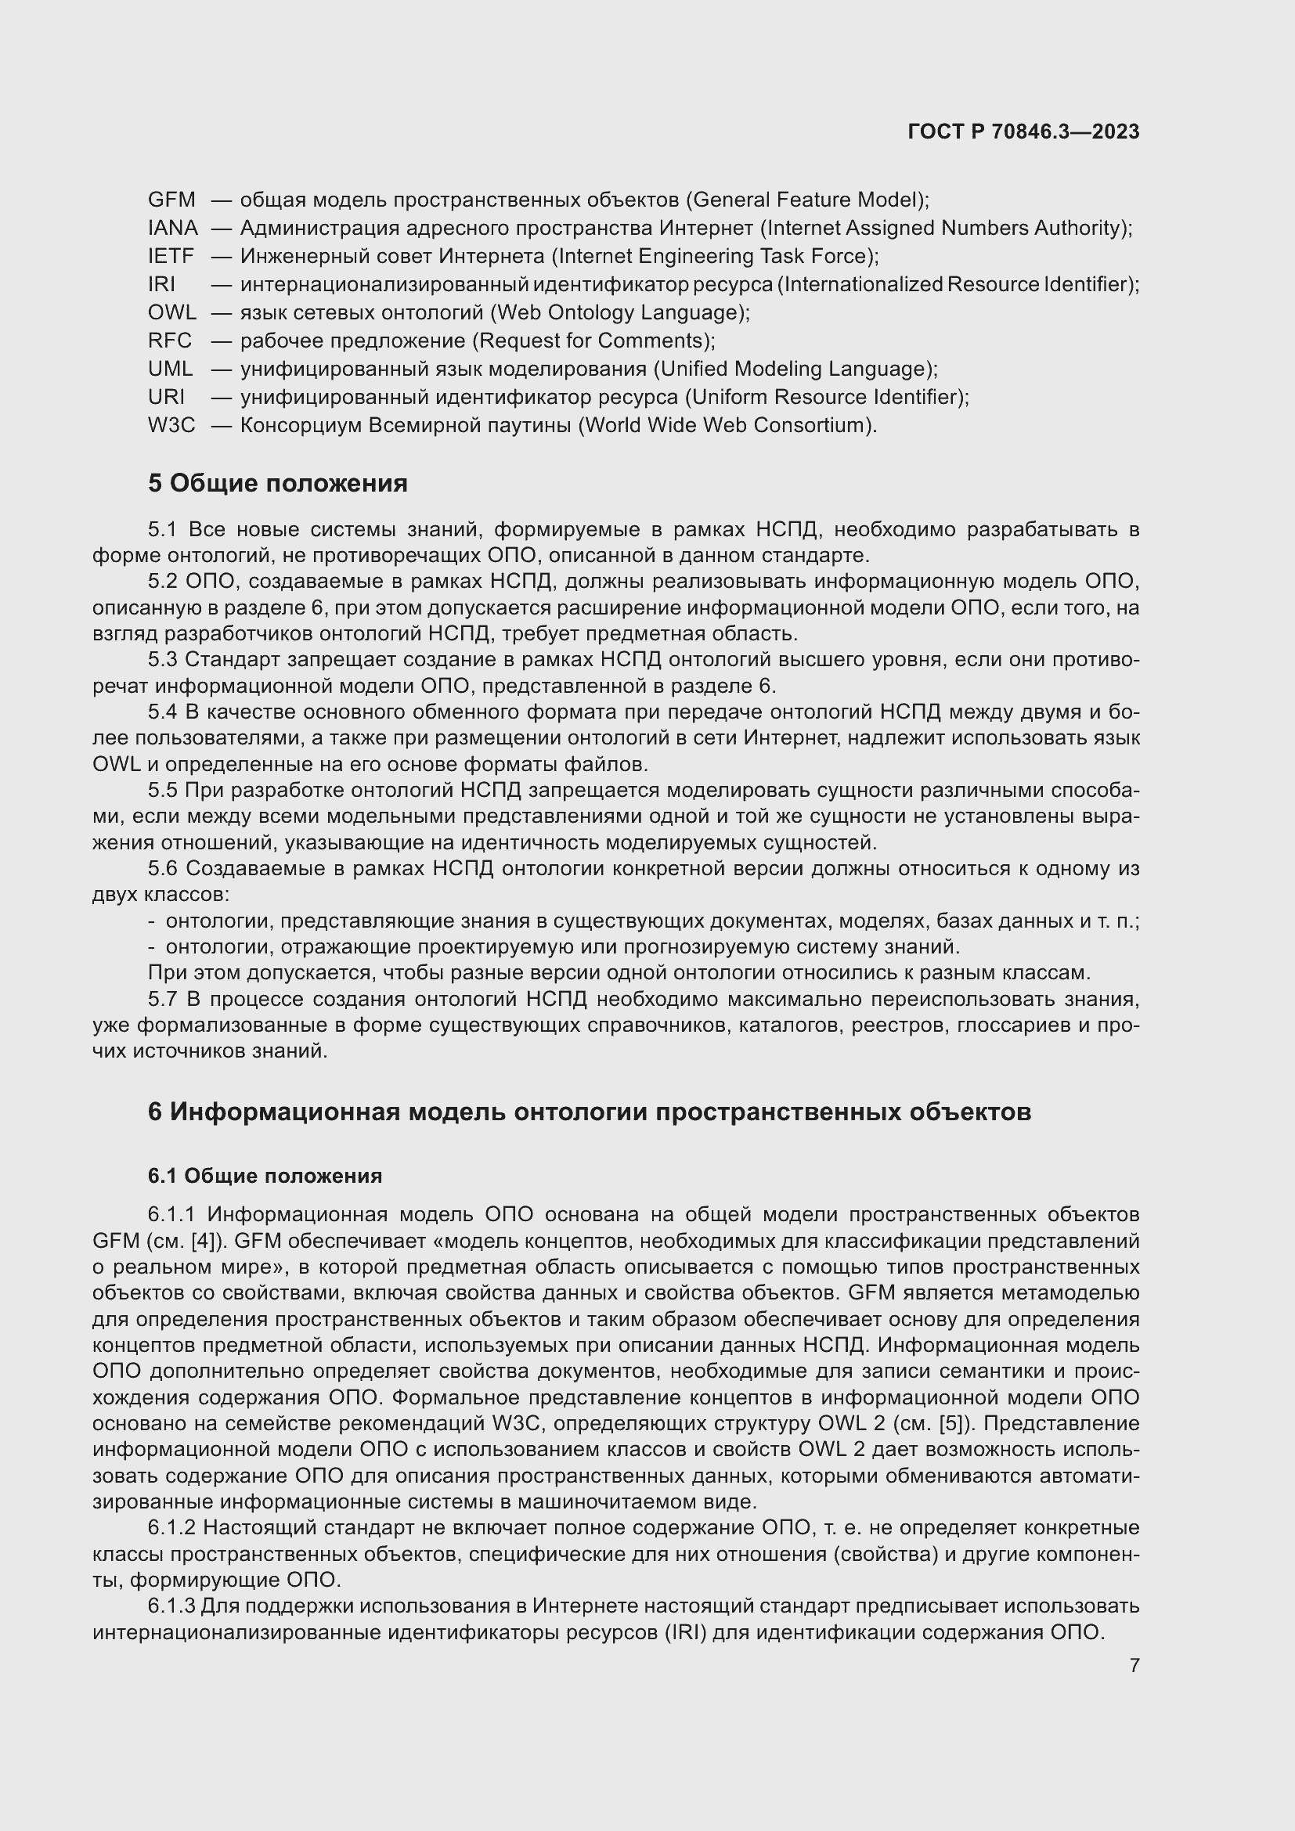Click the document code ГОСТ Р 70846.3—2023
click(1023, 132)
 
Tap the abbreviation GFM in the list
click(171, 200)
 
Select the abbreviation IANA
click(173, 228)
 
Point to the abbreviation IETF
click(171, 256)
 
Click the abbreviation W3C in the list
click(171, 425)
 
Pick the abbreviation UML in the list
click(171, 369)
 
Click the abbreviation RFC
click(170, 341)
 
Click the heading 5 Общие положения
click(277, 483)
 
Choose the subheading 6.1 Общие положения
click(265, 1176)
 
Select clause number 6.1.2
click(171, 1527)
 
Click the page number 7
click(1134, 1665)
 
